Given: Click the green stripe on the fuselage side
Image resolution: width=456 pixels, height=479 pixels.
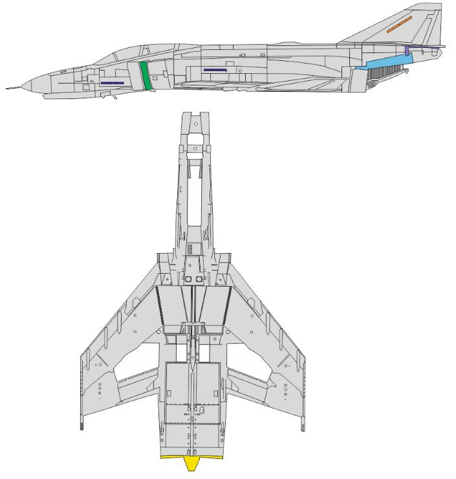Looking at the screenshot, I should point(146,76).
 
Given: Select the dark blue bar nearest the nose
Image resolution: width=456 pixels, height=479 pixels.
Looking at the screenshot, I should point(112,83).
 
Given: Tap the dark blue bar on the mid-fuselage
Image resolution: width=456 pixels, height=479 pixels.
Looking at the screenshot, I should point(214,69).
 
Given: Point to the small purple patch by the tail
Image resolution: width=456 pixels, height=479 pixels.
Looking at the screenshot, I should point(407,50).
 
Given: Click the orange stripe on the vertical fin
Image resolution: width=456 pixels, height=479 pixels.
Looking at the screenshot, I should point(399,25).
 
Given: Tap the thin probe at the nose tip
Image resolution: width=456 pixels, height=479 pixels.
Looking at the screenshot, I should point(13,87).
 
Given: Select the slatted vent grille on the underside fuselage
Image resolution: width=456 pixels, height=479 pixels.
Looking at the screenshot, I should point(190,250).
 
